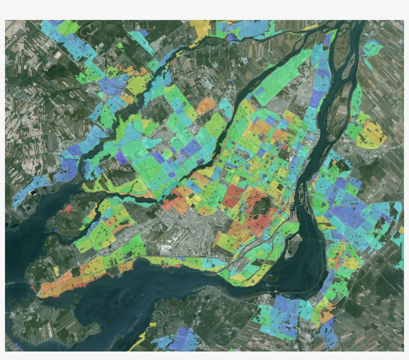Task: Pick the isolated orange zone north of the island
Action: tap(205, 105)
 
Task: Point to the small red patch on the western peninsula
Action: tap(65, 209)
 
